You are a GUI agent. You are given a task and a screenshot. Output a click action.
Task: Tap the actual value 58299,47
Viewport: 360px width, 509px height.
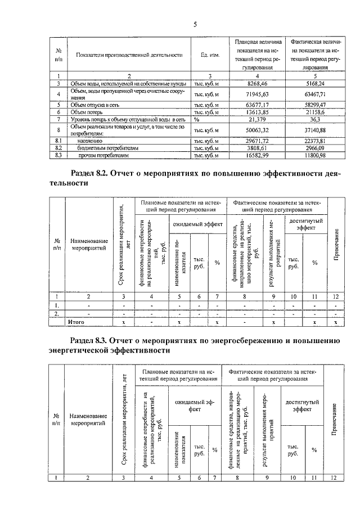[311, 105]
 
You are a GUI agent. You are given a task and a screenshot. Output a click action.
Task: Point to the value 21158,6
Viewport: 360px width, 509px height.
[311, 112]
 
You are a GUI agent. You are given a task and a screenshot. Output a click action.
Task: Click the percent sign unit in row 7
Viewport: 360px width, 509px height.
[197, 119]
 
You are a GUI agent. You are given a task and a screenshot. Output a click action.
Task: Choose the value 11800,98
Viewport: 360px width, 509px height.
[311, 155]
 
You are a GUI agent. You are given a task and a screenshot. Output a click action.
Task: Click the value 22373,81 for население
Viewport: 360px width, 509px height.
[311, 140]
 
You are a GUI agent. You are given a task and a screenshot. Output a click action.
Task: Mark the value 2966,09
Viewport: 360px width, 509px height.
[311, 147]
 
